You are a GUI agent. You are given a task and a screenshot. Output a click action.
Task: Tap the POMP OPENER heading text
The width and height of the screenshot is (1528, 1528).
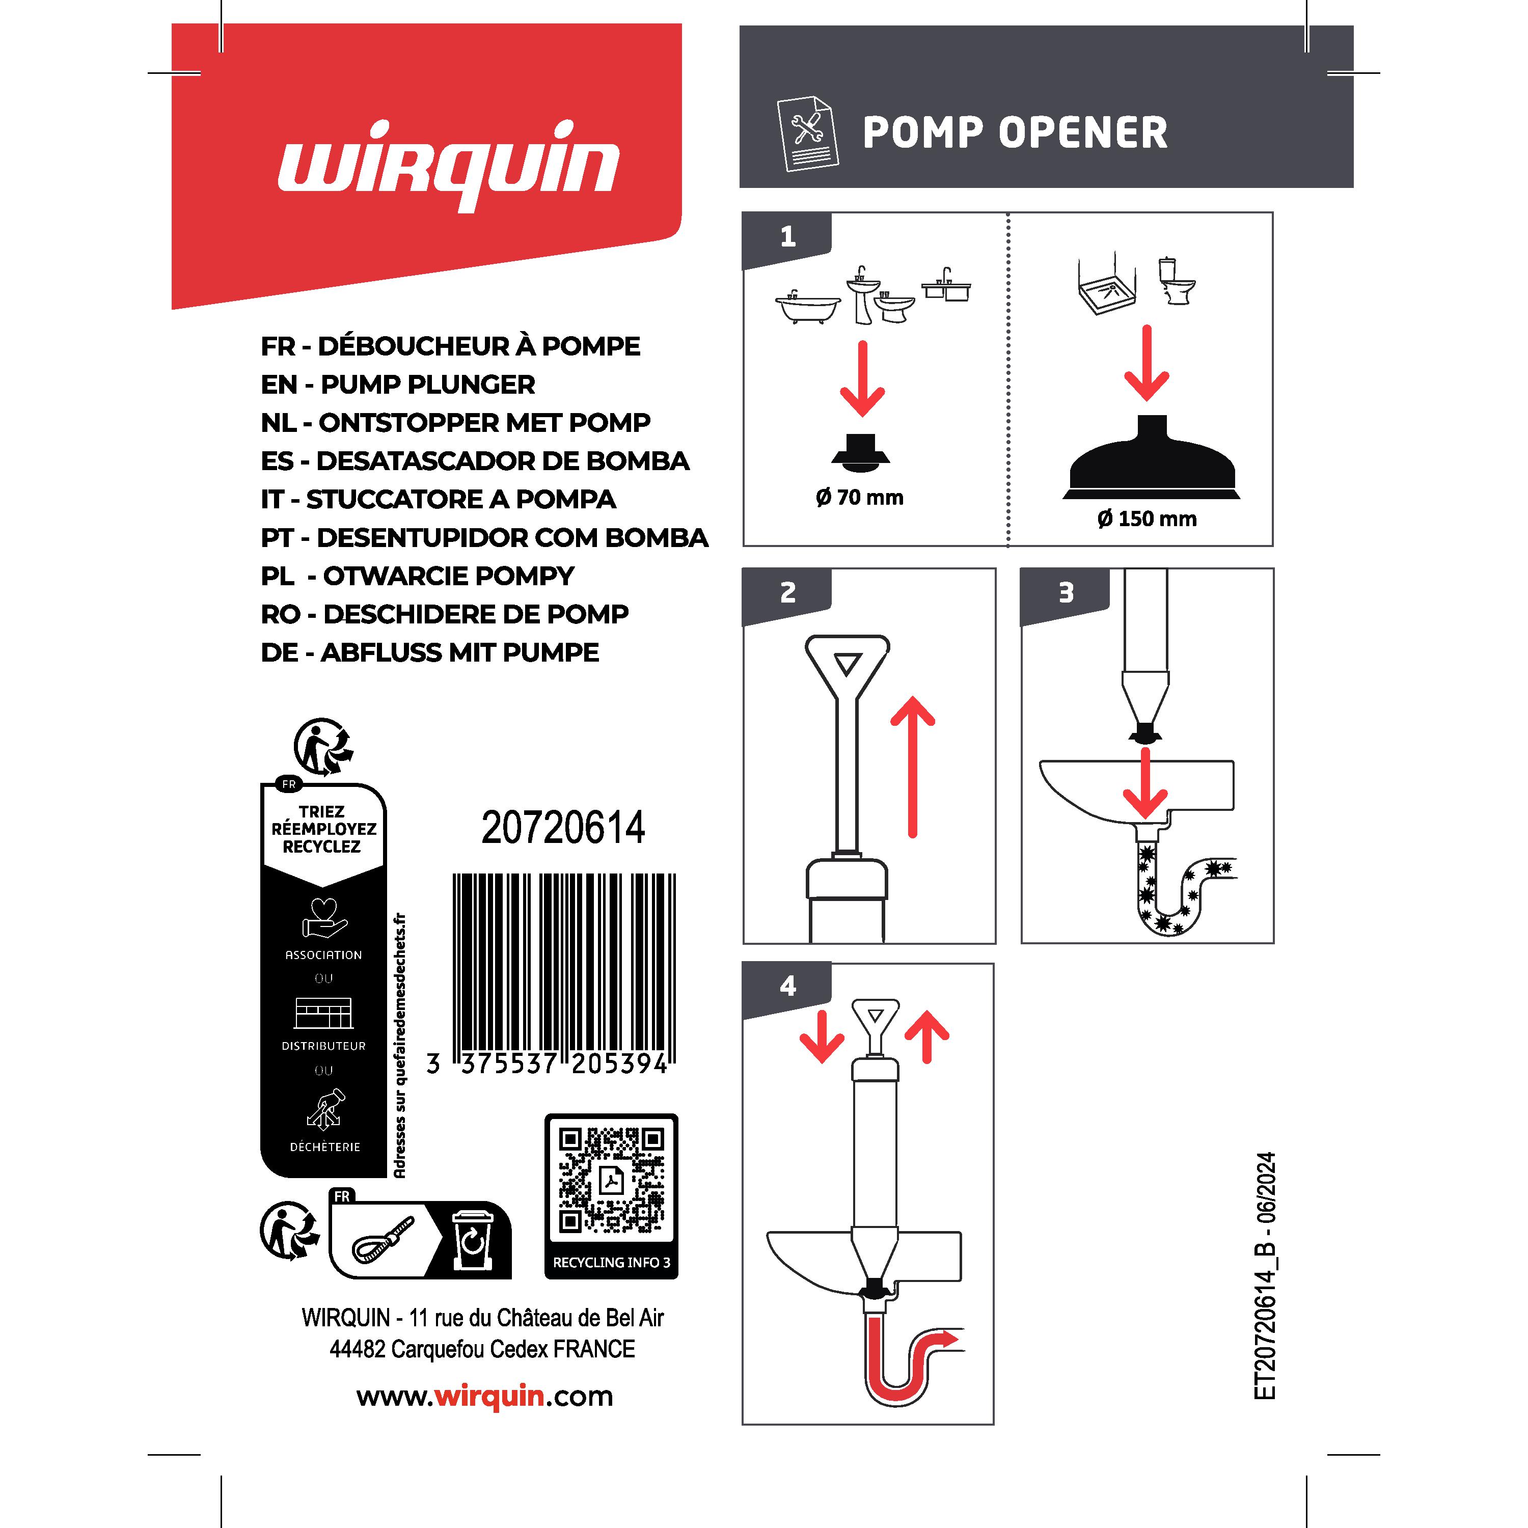[x=1015, y=132]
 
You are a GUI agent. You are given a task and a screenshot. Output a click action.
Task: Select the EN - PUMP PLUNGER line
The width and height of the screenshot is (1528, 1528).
[x=398, y=385]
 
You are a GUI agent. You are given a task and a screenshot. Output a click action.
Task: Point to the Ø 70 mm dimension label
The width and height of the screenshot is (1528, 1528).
[x=860, y=498]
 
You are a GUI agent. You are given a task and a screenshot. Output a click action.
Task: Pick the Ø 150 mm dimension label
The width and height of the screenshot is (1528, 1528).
[x=1147, y=519]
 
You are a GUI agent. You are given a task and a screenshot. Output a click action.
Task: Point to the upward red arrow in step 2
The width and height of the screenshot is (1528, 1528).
[x=913, y=767]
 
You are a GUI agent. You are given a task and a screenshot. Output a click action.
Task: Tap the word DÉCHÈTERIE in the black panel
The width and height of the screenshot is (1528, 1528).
[x=324, y=1147]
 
